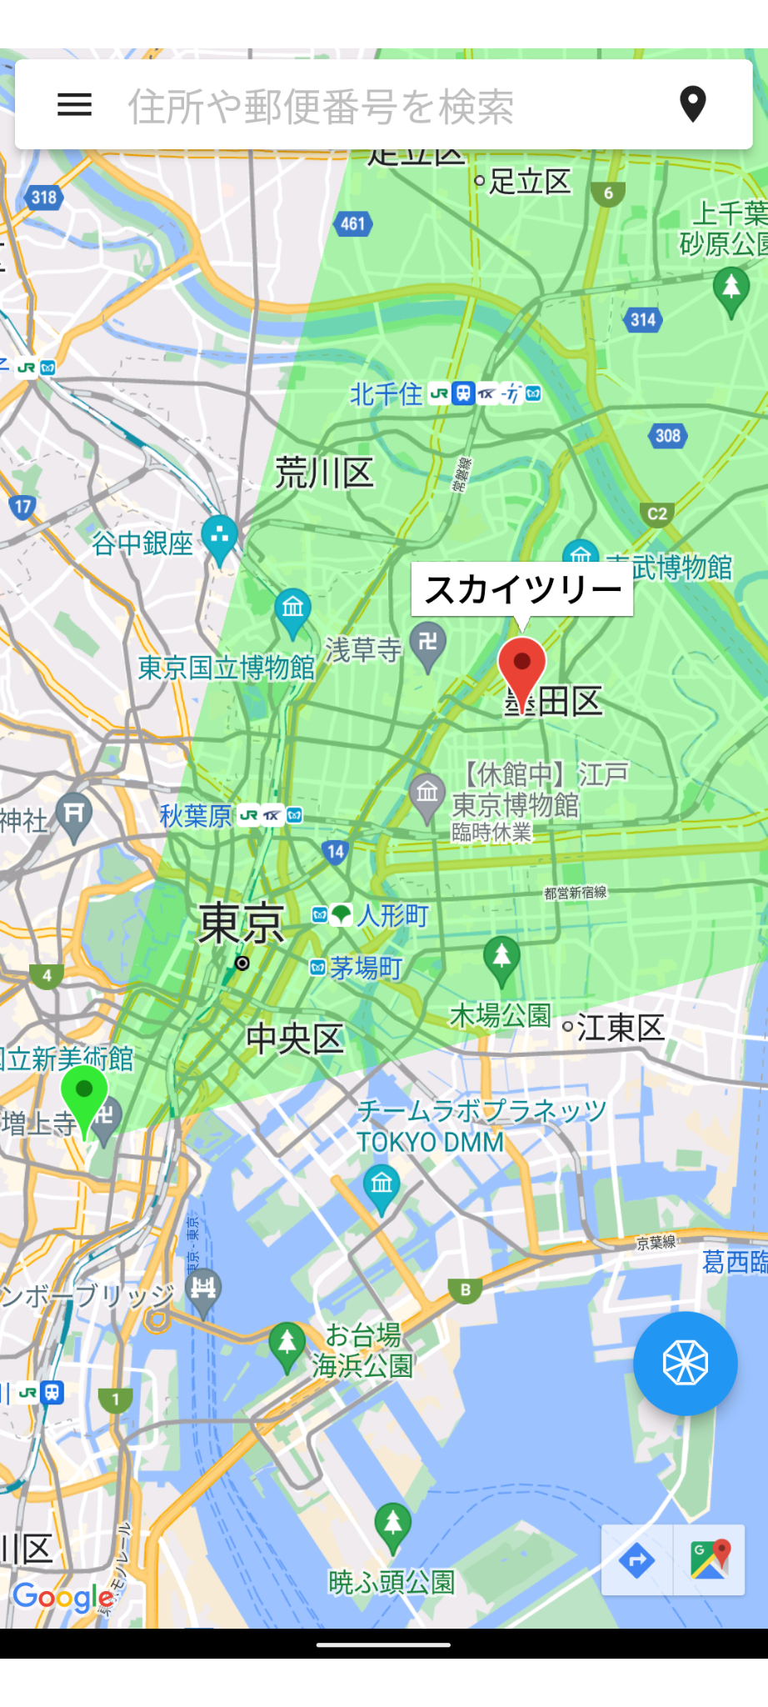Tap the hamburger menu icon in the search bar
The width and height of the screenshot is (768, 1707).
[74, 104]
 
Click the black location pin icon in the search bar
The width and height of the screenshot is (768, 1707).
[692, 104]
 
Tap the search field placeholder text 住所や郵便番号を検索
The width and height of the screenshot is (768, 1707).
[321, 107]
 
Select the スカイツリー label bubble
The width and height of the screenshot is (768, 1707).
[522, 590]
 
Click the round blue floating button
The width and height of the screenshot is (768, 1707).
[685, 1364]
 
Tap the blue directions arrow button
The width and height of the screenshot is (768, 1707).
[637, 1559]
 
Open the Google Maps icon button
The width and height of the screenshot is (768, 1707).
[710, 1559]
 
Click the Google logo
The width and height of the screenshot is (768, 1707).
[63, 1597]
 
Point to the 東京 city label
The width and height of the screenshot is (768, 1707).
[241, 924]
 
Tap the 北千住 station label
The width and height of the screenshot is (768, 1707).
[386, 394]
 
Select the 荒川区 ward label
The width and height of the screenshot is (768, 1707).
[324, 473]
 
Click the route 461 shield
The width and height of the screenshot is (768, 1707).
[353, 223]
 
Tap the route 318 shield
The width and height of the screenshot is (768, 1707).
[43, 198]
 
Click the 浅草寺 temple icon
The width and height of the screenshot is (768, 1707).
[428, 644]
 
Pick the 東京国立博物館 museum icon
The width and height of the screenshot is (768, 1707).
[292, 608]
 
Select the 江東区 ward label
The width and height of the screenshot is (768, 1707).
[620, 1028]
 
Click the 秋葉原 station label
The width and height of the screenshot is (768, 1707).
[196, 816]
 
